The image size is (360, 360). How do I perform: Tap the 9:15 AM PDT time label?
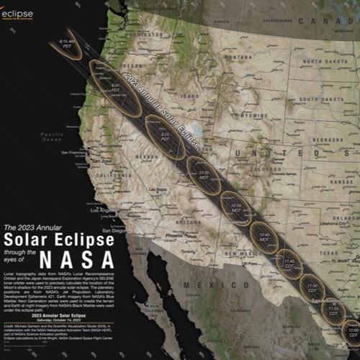click(67, 45)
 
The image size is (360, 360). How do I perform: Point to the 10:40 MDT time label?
click(264, 236)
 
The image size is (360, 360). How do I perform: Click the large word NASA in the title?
click(75, 257)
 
